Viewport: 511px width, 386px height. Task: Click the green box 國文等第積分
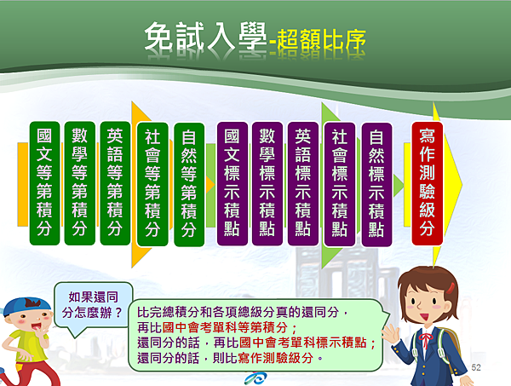point(44,183)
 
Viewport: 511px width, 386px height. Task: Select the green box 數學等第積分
point(80,183)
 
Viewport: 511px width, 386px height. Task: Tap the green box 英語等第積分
point(115,183)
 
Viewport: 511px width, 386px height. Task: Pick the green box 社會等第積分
point(152,184)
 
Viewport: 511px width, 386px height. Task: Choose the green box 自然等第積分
point(189,185)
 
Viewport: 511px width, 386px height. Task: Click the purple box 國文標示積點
point(233,184)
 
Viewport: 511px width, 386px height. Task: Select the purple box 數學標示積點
point(267,184)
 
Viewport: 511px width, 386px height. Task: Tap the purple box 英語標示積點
point(303,184)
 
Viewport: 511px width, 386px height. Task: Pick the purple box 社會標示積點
point(340,185)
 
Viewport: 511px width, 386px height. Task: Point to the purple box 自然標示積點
point(376,185)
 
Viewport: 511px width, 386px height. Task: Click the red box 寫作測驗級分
point(428,183)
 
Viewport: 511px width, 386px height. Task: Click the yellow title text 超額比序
point(321,41)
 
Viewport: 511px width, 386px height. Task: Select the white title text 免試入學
point(205,37)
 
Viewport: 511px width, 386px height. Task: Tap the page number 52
point(476,367)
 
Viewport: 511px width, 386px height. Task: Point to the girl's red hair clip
point(451,288)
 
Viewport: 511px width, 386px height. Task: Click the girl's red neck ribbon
point(425,340)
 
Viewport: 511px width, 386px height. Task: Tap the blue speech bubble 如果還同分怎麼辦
point(94,305)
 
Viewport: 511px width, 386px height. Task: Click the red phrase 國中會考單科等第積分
point(225,327)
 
